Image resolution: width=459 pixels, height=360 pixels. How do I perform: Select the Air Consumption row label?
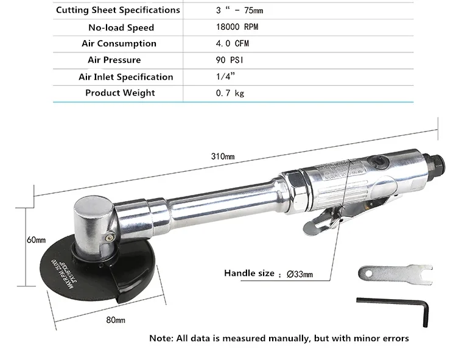coord(119,44)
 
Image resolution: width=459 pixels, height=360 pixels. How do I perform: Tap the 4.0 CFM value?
coord(232,44)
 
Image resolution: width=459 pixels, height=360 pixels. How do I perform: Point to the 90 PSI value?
coord(229,60)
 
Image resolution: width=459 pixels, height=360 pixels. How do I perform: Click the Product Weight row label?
coord(120,93)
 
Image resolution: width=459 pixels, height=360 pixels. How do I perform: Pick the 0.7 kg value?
coord(230,93)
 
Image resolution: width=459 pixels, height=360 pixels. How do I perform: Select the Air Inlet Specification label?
coord(125,77)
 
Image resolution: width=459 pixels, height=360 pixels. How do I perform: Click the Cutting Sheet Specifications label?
coord(118,10)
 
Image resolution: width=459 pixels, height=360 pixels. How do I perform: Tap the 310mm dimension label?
coord(222,156)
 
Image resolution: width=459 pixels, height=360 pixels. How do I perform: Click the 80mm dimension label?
coord(115,320)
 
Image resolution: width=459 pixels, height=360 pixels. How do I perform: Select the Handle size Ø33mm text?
coord(268,274)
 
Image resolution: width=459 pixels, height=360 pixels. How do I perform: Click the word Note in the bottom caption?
coord(161,338)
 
